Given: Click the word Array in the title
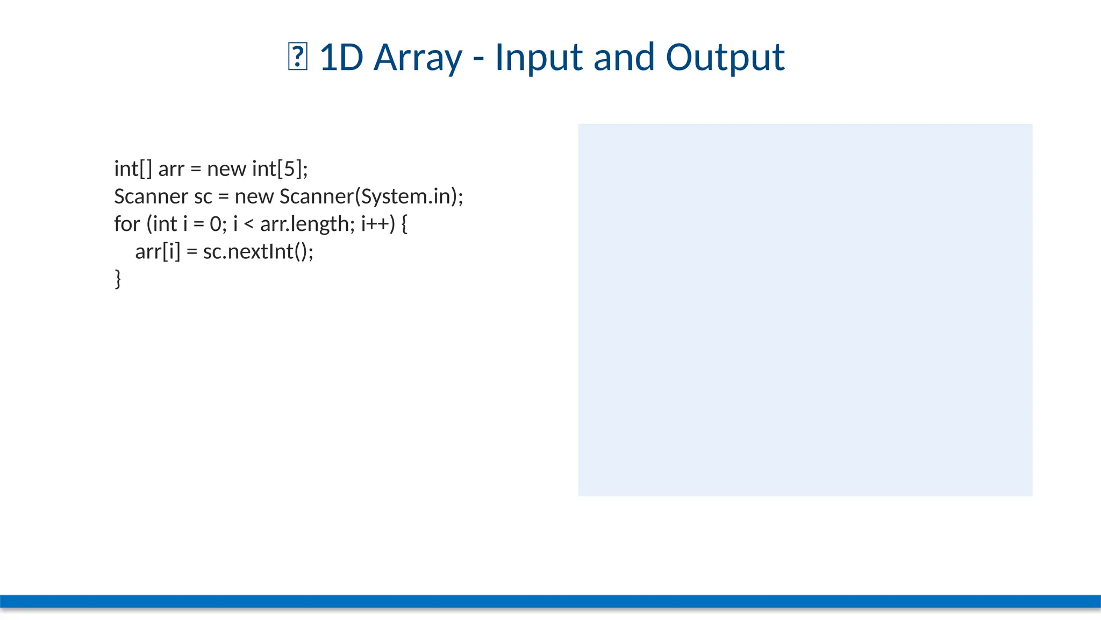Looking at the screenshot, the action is (x=418, y=58).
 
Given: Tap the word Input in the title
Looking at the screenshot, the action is (x=538, y=58).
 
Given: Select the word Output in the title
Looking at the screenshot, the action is (x=725, y=58).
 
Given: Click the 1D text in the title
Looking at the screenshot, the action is (x=341, y=58).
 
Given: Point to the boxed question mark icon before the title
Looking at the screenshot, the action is (x=297, y=58).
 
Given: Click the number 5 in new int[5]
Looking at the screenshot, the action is (x=289, y=169).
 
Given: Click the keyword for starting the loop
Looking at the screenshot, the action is (x=127, y=224).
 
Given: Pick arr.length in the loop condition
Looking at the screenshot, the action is (x=304, y=224).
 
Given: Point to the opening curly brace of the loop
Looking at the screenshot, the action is (x=404, y=224).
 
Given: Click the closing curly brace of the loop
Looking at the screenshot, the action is (x=118, y=279).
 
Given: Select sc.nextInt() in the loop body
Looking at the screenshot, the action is (x=258, y=251).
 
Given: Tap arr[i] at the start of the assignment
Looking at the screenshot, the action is (x=157, y=251).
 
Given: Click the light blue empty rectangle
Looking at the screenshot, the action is (x=805, y=309).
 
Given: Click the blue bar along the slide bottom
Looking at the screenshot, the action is (x=550, y=601).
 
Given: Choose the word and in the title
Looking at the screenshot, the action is (x=624, y=58).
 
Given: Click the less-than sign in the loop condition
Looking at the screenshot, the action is (x=248, y=224).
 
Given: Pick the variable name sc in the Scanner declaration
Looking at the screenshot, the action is (x=203, y=196).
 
